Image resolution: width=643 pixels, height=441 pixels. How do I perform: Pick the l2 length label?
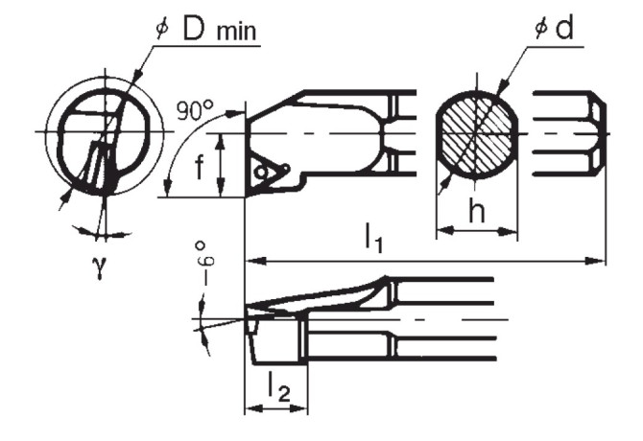click(x=276, y=389)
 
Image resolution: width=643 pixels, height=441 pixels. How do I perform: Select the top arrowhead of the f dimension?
click(x=221, y=138)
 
